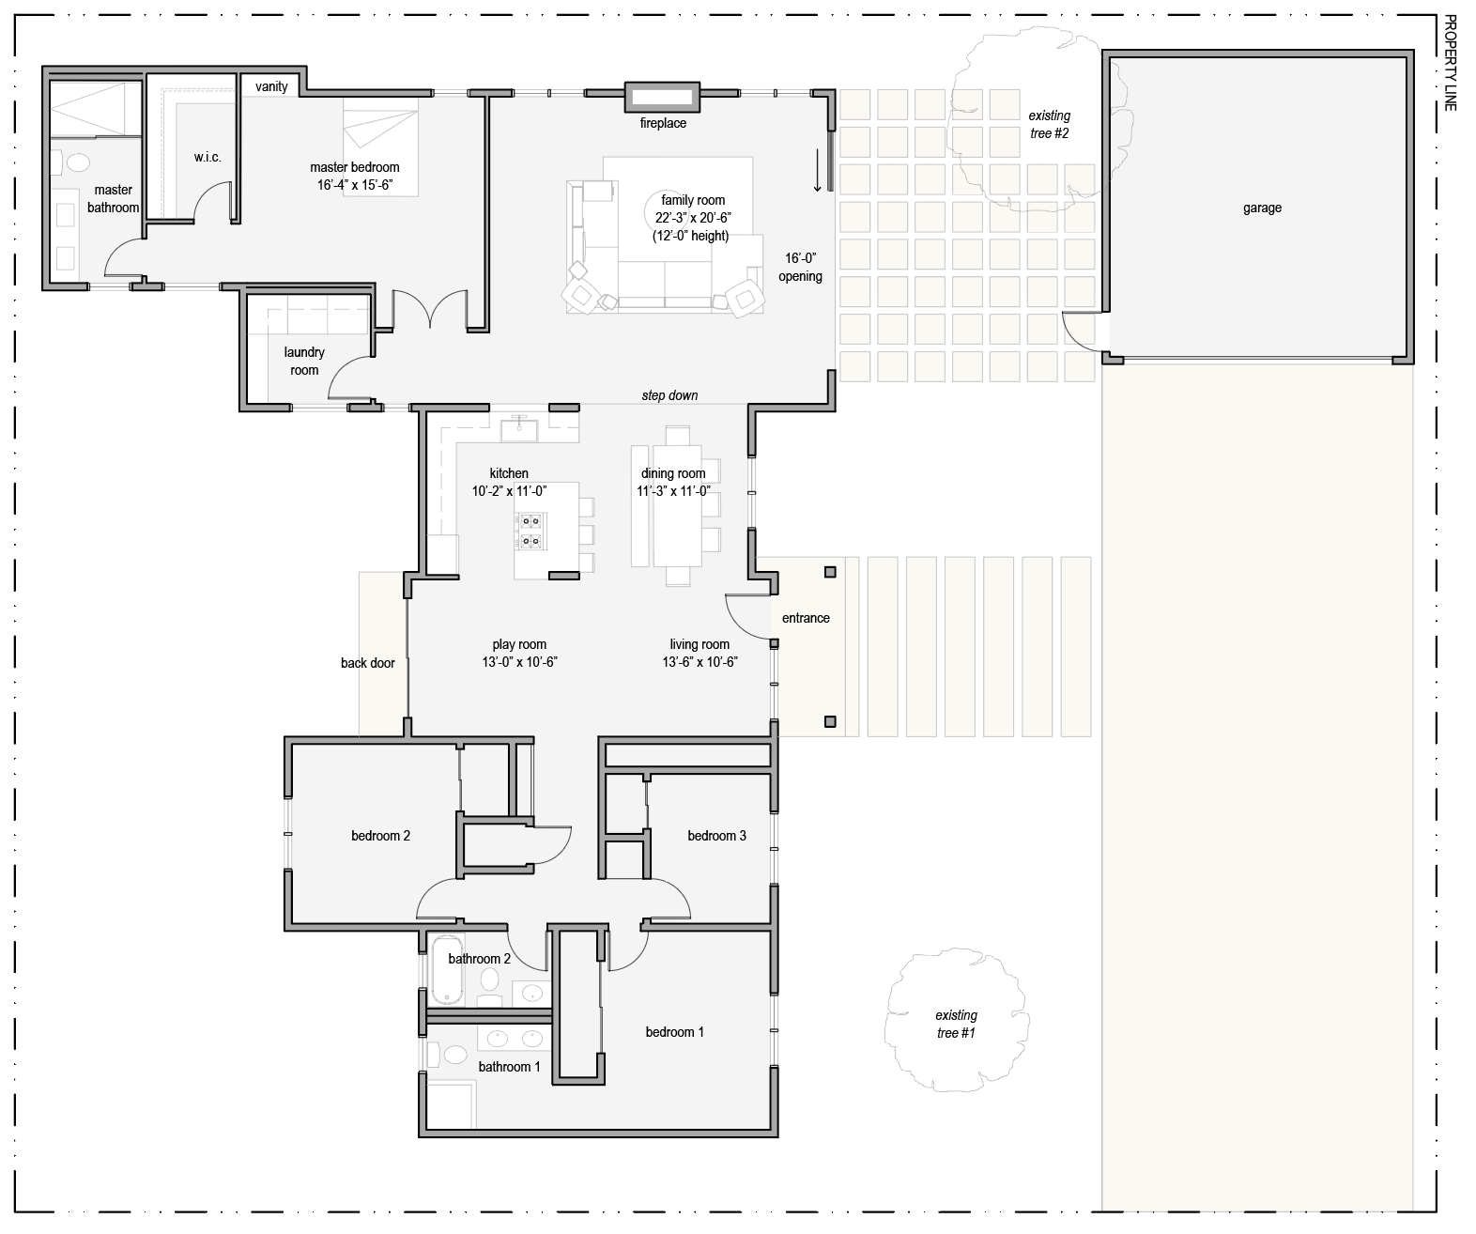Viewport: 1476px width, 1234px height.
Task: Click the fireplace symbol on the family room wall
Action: (662, 96)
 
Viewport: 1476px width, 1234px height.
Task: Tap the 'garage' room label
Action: (1261, 208)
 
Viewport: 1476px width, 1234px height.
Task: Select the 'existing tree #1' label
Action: (956, 1024)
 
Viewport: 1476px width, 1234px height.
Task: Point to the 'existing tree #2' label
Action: (1049, 124)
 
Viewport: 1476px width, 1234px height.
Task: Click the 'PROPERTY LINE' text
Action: (1450, 63)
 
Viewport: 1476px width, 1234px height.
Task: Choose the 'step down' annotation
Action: (669, 395)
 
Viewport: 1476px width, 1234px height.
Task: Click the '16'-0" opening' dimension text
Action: (800, 267)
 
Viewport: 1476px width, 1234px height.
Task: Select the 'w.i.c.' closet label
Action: (208, 157)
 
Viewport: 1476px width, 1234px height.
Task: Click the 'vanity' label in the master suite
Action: (271, 86)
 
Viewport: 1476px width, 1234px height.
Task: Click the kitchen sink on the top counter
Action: (517, 430)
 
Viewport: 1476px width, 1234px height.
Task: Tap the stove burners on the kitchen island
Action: (530, 530)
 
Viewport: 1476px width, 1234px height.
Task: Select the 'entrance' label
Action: (806, 618)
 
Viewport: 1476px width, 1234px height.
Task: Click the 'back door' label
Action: (368, 663)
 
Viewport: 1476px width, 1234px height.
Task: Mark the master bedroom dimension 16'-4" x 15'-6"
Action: (355, 185)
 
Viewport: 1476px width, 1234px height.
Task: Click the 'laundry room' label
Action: (304, 361)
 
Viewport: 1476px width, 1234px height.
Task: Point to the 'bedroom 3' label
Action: (716, 836)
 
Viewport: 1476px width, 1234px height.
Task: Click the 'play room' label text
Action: (519, 644)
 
